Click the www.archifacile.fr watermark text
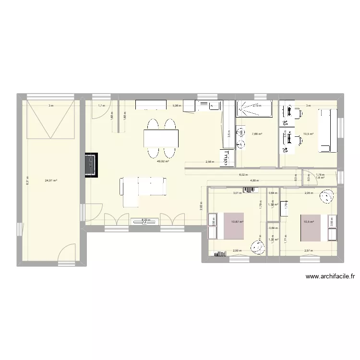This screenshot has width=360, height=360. point(330,276)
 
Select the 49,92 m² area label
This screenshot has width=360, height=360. point(163,162)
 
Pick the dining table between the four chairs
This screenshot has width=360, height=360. point(161,138)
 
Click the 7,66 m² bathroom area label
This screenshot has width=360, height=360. point(257,134)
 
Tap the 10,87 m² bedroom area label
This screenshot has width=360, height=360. point(237,222)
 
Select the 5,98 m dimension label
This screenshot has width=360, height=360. point(177,106)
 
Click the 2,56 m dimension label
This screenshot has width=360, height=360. point(210,162)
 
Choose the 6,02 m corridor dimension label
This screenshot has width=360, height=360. point(243,175)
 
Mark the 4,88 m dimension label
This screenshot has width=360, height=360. point(254,180)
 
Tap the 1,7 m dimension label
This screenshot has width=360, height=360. point(101,106)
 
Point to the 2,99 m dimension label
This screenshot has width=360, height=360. point(237,251)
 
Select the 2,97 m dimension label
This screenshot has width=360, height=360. point(308,251)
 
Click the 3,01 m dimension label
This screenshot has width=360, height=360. point(237,193)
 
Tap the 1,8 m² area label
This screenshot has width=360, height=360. point(320,178)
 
